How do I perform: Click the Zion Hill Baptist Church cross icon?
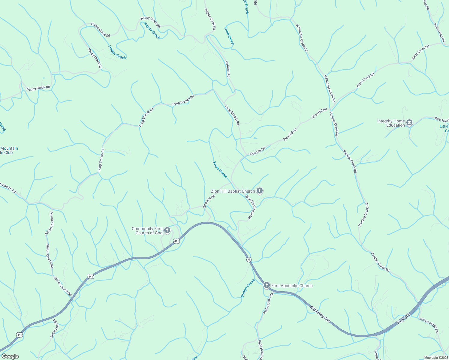point(260,191)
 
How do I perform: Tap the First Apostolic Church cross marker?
point(267,285)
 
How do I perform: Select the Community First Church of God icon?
point(167,230)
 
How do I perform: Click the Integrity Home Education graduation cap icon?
point(409,123)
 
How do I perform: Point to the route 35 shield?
point(249,259)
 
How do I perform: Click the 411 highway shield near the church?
point(176,241)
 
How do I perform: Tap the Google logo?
point(10,356)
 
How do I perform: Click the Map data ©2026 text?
point(436,358)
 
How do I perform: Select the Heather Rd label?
point(228,69)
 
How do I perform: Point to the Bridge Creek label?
point(248,288)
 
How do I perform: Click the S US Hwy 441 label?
point(320,314)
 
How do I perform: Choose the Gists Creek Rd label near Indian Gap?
point(420,52)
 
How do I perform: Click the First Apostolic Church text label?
point(292,286)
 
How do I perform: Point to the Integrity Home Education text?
point(391,123)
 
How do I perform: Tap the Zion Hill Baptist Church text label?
point(233,191)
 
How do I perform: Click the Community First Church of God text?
point(147,231)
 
